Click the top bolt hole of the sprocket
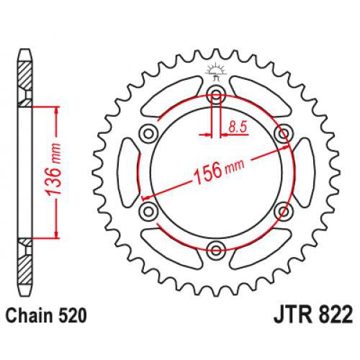pos(216,93)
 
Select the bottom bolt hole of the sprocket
pos(216,250)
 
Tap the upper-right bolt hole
pos(284,132)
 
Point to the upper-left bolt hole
pos(148,132)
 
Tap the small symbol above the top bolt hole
pos(212,71)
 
